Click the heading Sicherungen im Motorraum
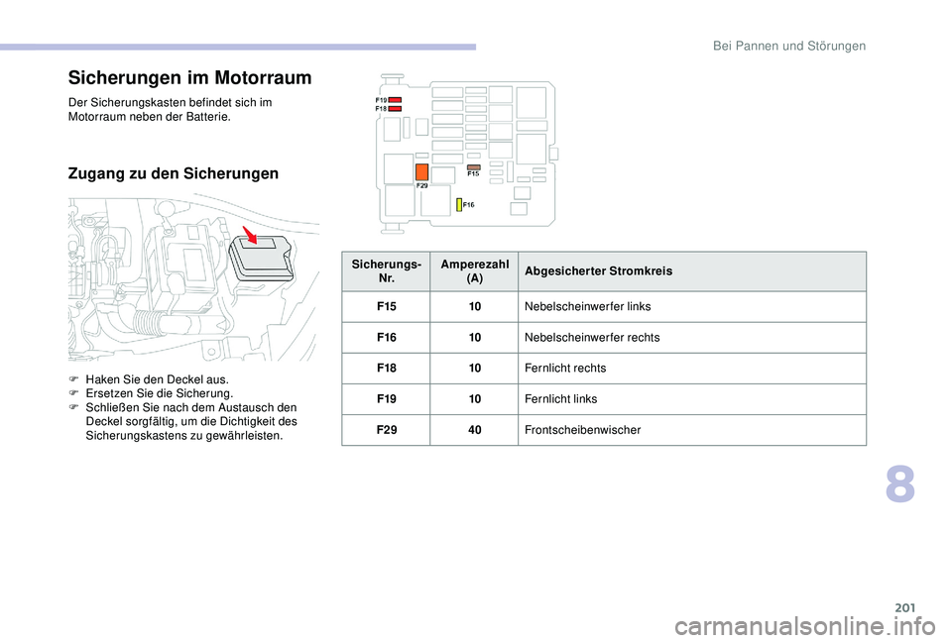coord(189,78)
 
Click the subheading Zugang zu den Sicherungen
coord(174,174)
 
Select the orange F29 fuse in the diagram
coord(421,171)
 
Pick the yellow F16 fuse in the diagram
coord(459,204)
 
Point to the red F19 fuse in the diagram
coord(395,100)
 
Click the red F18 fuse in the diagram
coord(395,109)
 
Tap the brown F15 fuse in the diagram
coord(473,167)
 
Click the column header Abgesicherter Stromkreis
coord(598,269)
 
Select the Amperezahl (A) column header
coord(474,269)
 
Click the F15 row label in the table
coord(386,307)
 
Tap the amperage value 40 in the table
coord(475,430)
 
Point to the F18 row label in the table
coord(386,369)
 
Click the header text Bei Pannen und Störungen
coord(790,46)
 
